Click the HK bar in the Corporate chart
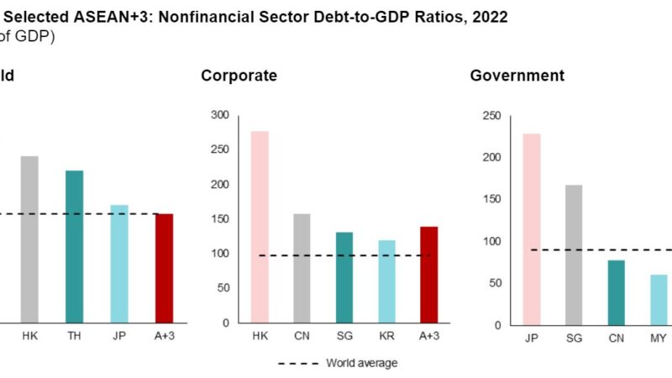point(260,227)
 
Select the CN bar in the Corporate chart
point(302,268)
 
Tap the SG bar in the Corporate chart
point(344,277)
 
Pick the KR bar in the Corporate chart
point(386,281)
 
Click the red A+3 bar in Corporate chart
point(428,275)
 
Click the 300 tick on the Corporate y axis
point(220,115)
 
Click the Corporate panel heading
point(239,76)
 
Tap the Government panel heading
point(517,76)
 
